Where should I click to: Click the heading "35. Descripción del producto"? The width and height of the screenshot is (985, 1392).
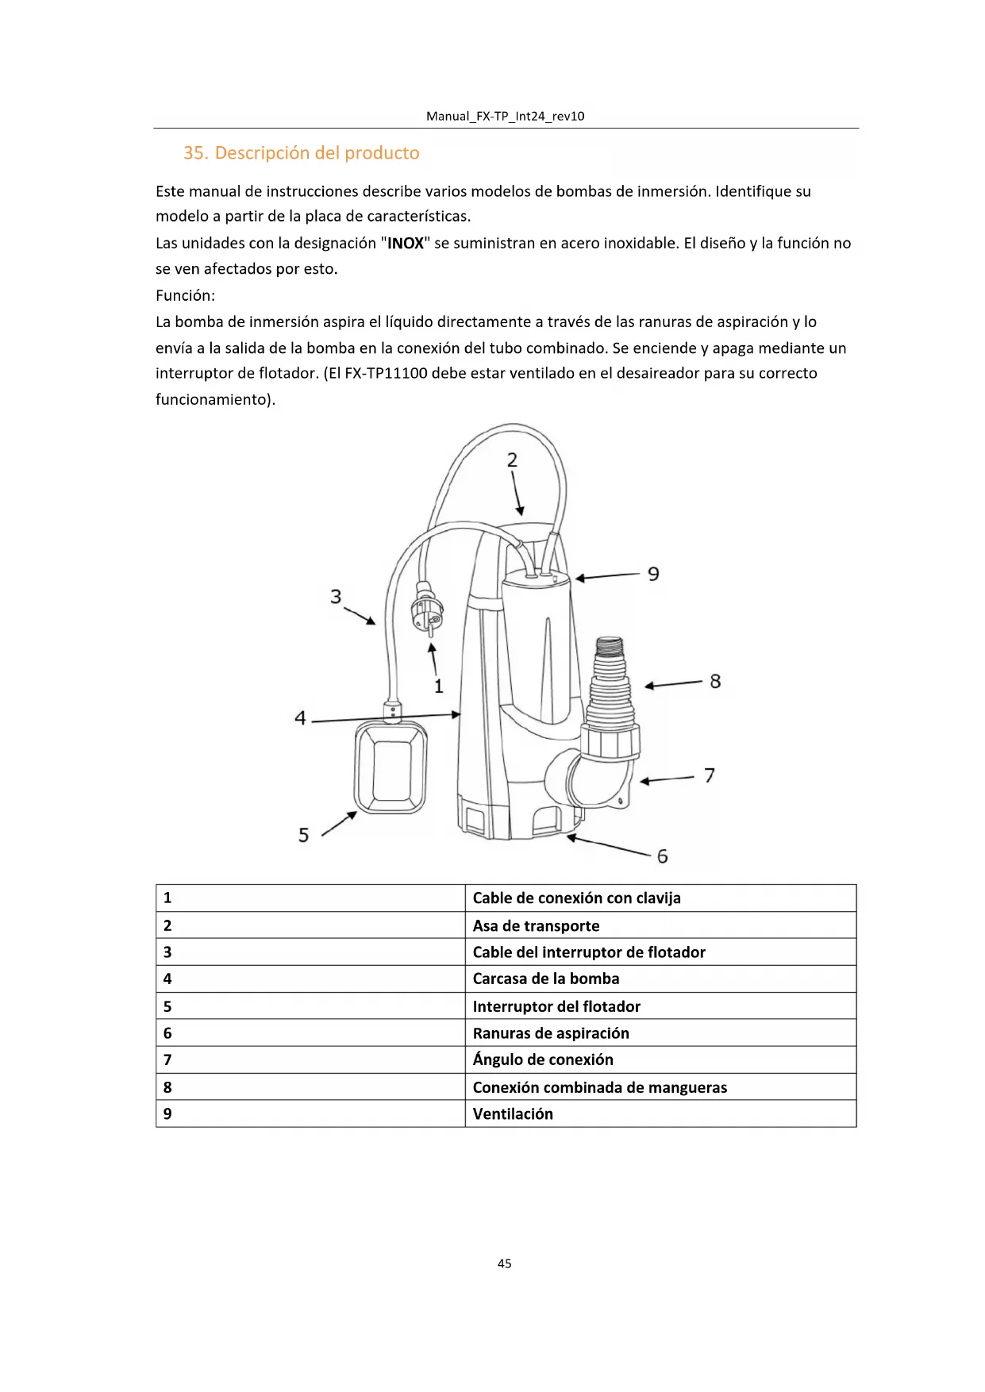[301, 153]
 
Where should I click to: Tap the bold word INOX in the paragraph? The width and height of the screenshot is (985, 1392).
[406, 244]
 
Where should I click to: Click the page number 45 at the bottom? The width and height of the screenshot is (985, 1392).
[504, 1263]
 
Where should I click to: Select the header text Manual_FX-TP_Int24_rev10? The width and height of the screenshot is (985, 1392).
[505, 117]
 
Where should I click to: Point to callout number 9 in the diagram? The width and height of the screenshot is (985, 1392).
[653, 574]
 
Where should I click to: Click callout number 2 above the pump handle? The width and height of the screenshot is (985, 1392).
[512, 460]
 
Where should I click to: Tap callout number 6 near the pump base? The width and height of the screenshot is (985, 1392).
[662, 856]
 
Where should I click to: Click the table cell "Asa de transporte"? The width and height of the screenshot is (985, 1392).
[536, 926]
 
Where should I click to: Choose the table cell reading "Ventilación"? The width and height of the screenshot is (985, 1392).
[513, 1114]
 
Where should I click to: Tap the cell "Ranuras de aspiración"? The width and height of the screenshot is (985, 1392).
[551, 1033]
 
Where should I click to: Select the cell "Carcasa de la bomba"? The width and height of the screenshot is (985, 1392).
[546, 979]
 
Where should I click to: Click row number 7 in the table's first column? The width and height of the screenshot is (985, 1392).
[167, 1060]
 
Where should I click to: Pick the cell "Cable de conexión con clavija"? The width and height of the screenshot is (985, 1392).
[576, 898]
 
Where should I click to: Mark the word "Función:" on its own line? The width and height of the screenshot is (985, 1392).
[185, 296]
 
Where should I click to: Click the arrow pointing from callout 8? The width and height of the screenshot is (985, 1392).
[673, 684]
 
